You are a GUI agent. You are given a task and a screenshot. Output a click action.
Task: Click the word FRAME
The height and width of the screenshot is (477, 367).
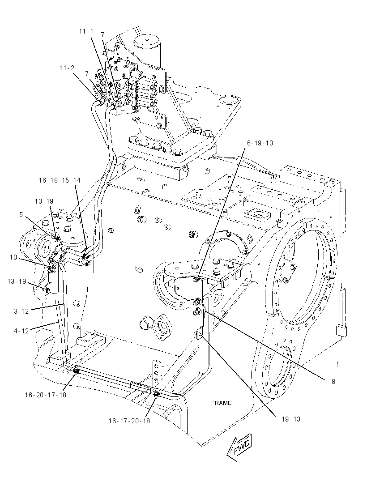tap(221, 403)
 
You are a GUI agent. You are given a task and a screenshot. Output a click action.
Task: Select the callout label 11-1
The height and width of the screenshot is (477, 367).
tap(86, 31)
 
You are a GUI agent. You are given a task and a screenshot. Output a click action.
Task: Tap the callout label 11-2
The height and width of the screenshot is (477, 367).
tap(67, 68)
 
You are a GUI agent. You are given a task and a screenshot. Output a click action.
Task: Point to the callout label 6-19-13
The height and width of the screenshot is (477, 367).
tap(260, 143)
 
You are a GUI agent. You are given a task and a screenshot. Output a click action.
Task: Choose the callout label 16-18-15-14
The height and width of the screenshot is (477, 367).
tap(60, 180)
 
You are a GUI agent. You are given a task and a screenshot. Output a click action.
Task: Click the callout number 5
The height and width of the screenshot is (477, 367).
tap(21, 215)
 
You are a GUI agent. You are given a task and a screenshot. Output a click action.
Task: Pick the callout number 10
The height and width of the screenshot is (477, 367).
tap(13, 257)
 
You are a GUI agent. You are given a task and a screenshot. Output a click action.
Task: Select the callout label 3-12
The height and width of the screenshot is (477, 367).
tap(21, 311)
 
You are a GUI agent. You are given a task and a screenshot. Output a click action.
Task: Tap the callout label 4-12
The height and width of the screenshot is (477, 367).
tap(21, 331)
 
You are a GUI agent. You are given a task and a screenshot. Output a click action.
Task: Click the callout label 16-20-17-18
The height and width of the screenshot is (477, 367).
tap(46, 395)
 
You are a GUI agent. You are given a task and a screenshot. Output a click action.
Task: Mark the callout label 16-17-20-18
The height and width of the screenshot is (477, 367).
tap(129, 421)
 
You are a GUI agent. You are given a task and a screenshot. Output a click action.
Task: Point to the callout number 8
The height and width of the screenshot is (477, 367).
tap(333, 382)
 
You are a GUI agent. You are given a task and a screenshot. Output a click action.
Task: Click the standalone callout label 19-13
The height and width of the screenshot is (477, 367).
tap(291, 419)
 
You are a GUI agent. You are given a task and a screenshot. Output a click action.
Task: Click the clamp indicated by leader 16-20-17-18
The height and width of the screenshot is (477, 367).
tap(76, 371)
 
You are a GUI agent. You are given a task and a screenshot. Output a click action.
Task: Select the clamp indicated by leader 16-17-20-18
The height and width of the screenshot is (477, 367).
tap(156, 395)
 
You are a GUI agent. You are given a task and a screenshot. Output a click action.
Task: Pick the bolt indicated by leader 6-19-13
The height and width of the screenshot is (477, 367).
tap(196, 278)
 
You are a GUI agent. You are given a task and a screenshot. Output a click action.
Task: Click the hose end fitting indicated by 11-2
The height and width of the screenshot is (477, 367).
tap(101, 100)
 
